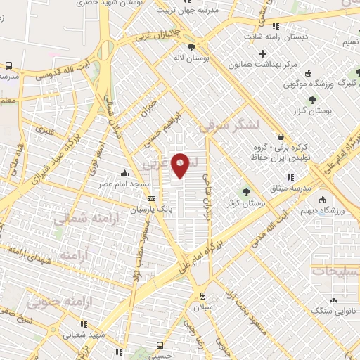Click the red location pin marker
(x=181, y=165)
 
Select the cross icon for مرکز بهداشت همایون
(x=263, y=53)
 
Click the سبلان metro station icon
(x=202, y=296)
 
